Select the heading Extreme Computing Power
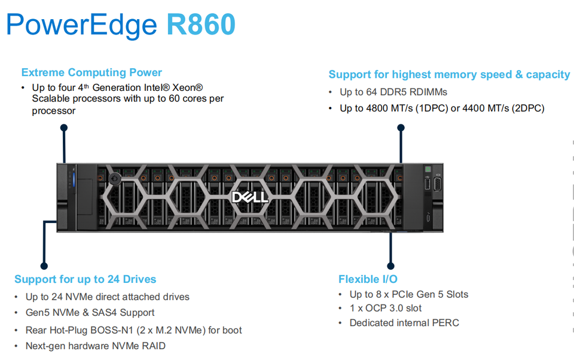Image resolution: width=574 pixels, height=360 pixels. click(91, 72)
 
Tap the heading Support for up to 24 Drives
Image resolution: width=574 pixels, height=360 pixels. click(85, 279)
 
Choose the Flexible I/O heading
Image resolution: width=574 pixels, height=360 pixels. click(368, 279)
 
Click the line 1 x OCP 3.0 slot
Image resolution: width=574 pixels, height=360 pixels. click(386, 309)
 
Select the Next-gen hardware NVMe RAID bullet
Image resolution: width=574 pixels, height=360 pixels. click(95, 346)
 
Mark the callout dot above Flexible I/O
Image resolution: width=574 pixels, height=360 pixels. click(390, 266)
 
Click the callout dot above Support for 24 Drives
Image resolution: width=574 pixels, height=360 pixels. click(44, 266)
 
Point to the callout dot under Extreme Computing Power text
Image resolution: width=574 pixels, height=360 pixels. click(64, 127)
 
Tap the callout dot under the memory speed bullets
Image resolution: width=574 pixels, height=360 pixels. click(401, 127)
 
